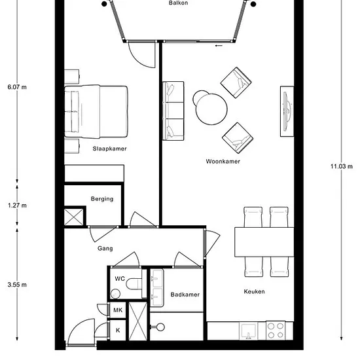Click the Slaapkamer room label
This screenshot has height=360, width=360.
click(109, 149)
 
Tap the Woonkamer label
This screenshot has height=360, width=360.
click(223, 162)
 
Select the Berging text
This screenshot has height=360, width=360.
click(102, 199)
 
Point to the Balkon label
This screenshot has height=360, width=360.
click(179, 3)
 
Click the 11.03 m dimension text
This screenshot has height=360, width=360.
click(342, 166)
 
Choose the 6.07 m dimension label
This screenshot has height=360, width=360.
click(17, 87)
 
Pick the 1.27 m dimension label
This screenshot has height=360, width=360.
click(17, 206)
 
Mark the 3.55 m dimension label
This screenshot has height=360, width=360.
click(17, 285)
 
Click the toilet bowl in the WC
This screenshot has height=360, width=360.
click(134, 284)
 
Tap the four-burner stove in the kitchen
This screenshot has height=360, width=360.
click(276, 331)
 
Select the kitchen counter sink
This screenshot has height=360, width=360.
click(248, 331)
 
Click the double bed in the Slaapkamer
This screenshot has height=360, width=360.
click(96, 111)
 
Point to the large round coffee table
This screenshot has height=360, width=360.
click(211, 109)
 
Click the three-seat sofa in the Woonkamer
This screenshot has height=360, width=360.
click(173, 111)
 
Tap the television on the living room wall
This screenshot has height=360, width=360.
click(287, 111)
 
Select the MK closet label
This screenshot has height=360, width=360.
click(118, 310)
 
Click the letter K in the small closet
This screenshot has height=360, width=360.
click(118, 330)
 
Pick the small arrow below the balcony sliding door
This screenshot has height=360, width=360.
click(219, 45)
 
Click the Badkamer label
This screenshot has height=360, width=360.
click(185, 295)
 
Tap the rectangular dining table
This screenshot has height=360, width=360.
click(264, 242)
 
